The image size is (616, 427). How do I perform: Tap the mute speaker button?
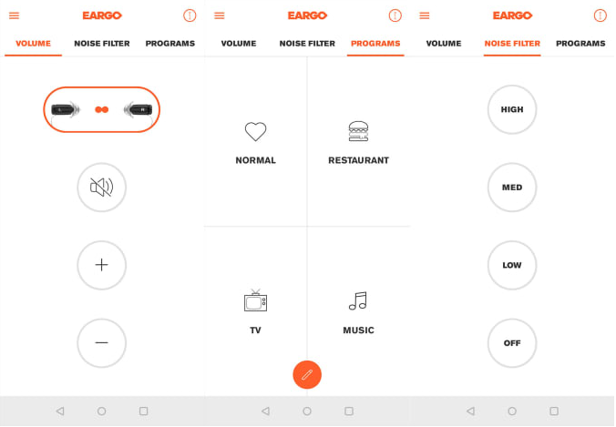[x=102, y=188]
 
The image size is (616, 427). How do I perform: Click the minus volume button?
[x=102, y=343]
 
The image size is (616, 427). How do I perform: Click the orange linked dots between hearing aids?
[x=102, y=109]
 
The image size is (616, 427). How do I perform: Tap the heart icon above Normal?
[x=256, y=131]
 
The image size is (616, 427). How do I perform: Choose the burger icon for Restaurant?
[x=358, y=131]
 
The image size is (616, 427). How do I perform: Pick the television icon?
[x=255, y=300]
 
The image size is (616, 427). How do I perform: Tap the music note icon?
[x=358, y=301]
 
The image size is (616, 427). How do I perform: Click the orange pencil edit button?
[x=307, y=375]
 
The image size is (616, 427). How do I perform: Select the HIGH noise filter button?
[x=512, y=109]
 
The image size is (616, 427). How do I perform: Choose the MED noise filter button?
[x=512, y=188]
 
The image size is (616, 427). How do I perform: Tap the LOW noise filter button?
[x=512, y=265]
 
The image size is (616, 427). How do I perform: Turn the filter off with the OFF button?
[x=512, y=343]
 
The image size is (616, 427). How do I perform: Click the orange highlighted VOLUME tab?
[x=33, y=43]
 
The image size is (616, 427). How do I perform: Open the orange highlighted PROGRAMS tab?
[x=375, y=43]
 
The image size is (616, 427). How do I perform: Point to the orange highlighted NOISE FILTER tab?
[x=512, y=43]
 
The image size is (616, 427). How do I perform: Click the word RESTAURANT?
[x=359, y=160]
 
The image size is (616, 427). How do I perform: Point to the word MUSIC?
[x=359, y=330]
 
